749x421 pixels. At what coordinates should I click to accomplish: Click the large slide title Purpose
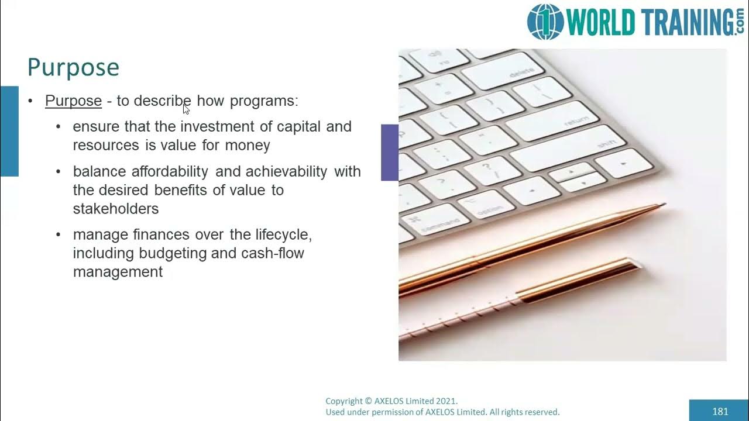coord(73,68)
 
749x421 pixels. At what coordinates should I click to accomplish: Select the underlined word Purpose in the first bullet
coord(73,101)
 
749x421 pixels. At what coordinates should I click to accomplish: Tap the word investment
coord(217,127)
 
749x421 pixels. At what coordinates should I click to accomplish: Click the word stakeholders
coord(115,209)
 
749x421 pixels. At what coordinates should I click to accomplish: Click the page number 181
coord(720,411)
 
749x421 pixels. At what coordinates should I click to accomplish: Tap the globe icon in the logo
coord(545,22)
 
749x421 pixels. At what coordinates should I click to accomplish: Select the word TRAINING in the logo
coord(681,22)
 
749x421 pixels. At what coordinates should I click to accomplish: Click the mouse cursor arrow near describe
coord(186,109)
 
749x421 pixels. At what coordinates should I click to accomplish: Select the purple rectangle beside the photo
coord(390,152)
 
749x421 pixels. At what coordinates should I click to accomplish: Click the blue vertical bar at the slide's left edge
coord(9,131)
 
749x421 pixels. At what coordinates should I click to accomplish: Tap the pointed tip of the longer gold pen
coord(663,205)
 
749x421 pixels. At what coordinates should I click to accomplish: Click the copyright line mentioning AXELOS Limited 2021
coord(391,401)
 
